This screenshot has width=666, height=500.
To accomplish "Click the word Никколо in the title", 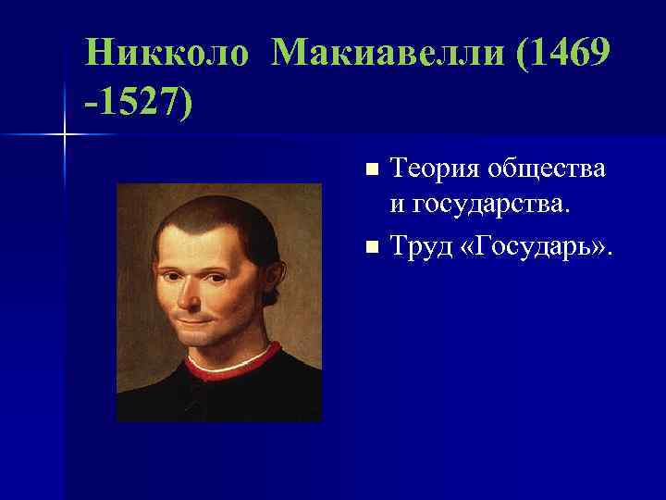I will (166, 54).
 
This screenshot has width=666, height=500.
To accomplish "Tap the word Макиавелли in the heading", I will (388, 54).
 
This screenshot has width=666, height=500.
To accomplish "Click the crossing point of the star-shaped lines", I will (65, 135).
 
